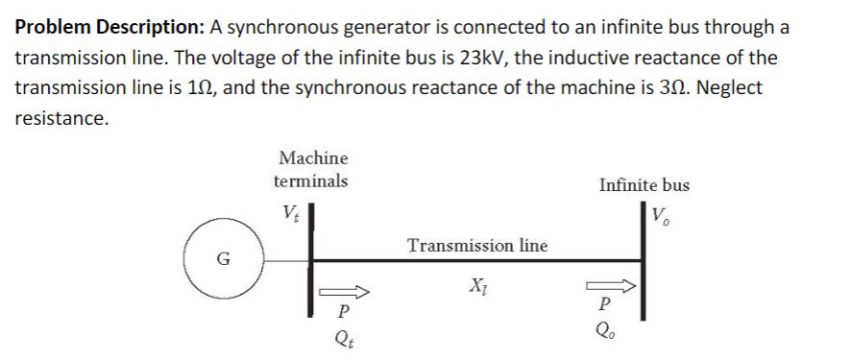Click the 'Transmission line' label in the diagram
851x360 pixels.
(477, 246)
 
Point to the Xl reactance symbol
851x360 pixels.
(476, 285)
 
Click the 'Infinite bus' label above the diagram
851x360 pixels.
(644, 185)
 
